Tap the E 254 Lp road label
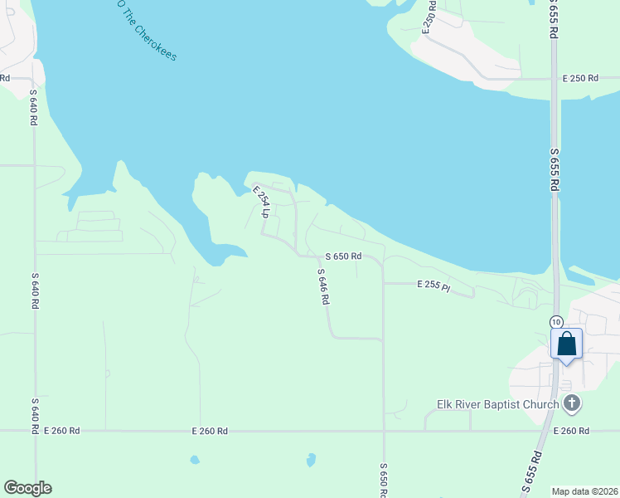pos(261,202)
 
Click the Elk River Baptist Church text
pos(498,405)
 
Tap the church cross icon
pos(571,404)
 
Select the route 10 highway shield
pos(556,321)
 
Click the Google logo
pos(27,488)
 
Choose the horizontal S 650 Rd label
pos(343,256)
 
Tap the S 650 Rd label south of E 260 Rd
pos(383,481)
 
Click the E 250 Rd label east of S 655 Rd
pos(579,79)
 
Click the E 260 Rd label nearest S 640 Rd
pos(62,431)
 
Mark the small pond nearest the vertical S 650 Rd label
pos(311,459)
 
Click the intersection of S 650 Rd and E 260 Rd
pos(383,431)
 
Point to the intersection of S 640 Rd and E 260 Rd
pos(35,431)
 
